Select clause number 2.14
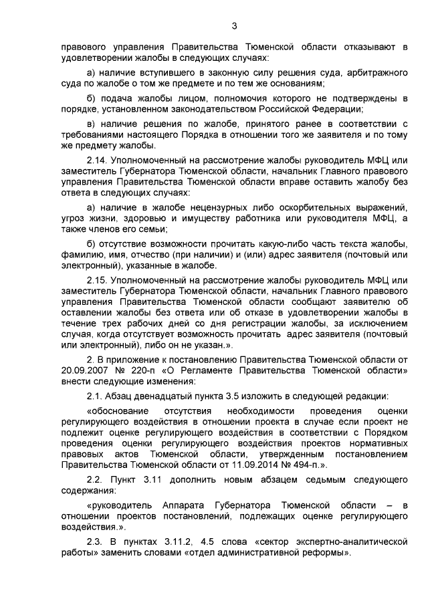pyautogui.click(x=98, y=161)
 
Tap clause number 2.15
pyautogui.click(x=98, y=277)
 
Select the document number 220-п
pyautogui.click(x=139, y=370)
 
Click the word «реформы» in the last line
pyautogui.click(x=326, y=554)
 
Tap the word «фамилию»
pyautogui.click(x=82, y=254)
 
